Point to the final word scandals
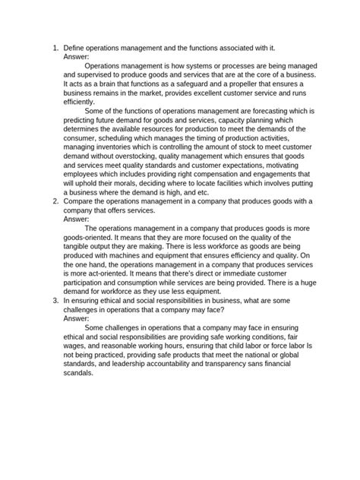(x=80, y=374)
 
